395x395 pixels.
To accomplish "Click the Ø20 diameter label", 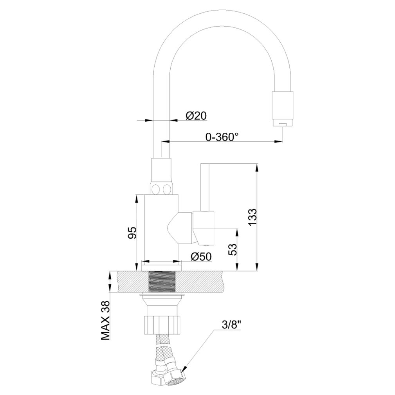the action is tap(196, 115).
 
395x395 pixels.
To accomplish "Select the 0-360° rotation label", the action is tap(222, 137).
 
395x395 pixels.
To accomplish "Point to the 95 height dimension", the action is tap(132, 233).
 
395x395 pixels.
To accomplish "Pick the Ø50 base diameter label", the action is tap(201, 257).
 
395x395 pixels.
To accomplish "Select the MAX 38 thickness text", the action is tap(106, 321).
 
